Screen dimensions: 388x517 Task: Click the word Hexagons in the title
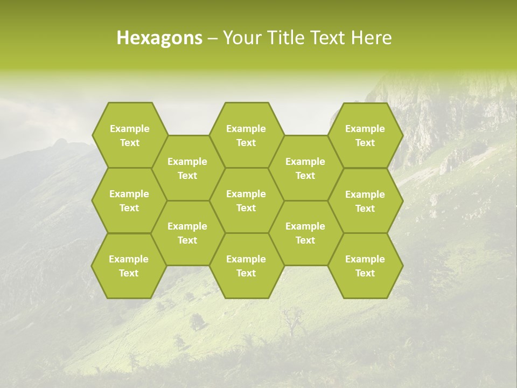point(159,38)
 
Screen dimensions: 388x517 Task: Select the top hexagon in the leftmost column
point(129,135)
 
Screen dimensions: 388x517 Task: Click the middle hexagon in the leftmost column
point(129,200)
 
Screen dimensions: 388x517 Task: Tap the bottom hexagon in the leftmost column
point(129,266)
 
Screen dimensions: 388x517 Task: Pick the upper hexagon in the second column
point(187,168)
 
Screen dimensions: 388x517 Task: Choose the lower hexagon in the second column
point(187,233)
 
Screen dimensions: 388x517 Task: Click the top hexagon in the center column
point(246,135)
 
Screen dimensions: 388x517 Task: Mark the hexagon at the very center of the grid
point(246,200)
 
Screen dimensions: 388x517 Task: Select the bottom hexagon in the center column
point(246,266)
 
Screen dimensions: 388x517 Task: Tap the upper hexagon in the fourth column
point(305,168)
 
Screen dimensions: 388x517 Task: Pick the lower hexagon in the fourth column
point(305,233)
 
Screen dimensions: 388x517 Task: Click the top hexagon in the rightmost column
point(365,135)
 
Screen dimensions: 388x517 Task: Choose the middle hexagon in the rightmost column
point(365,201)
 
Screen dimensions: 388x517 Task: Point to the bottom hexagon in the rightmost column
point(365,266)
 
